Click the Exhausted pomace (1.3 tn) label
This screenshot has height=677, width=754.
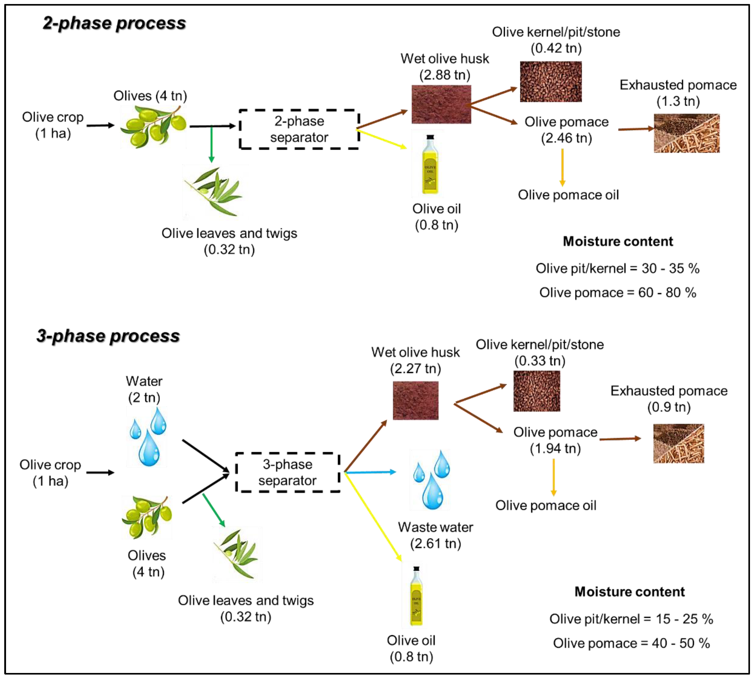tap(678, 93)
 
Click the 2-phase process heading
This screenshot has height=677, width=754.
tap(114, 23)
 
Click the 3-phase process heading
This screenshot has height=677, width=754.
tap(108, 336)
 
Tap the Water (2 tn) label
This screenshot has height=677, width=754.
tap(144, 389)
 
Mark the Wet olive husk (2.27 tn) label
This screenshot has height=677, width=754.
tap(415, 360)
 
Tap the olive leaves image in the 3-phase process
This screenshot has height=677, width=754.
tap(237, 553)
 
